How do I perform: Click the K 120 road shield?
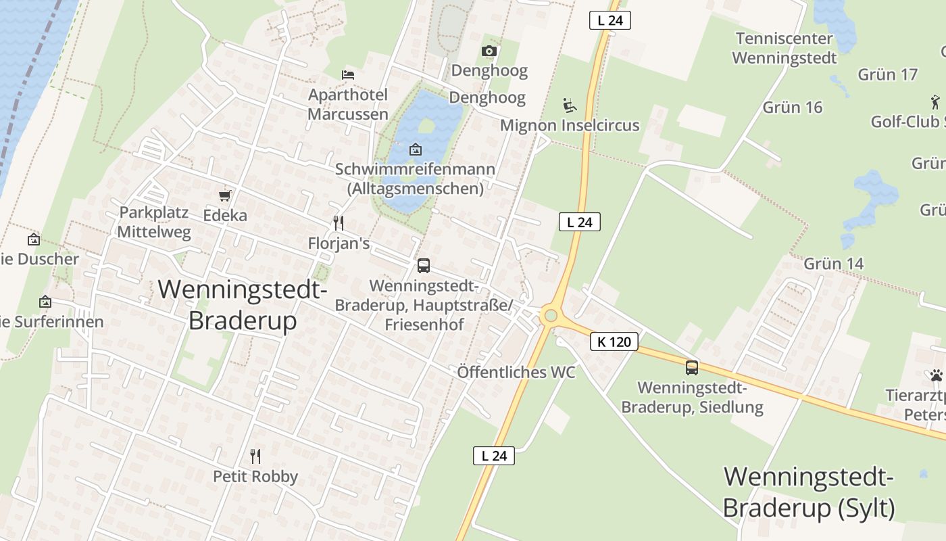(x=614, y=342)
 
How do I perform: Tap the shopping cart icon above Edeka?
(x=225, y=195)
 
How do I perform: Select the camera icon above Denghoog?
(x=489, y=51)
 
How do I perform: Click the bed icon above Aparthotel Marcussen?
(x=348, y=74)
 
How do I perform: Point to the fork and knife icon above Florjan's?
(x=339, y=222)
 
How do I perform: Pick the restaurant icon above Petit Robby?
(x=255, y=456)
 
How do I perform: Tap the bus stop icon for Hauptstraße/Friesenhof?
(x=424, y=266)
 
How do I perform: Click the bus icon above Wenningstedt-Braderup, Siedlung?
(x=692, y=368)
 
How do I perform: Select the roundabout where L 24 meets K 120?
(x=551, y=315)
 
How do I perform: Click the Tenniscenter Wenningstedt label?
(x=784, y=48)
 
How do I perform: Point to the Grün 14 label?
(x=833, y=263)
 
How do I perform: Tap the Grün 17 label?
(x=888, y=74)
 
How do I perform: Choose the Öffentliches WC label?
(x=516, y=372)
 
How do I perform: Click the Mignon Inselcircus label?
(x=570, y=125)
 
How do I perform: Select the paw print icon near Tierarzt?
(x=936, y=375)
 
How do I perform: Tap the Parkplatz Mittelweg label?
(x=154, y=222)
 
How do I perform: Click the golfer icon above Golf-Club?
(x=935, y=102)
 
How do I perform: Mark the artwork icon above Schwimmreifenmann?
(x=416, y=149)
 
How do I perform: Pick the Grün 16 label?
(x=793, y=107)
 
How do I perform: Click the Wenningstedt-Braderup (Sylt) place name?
(x=809, y=492)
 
